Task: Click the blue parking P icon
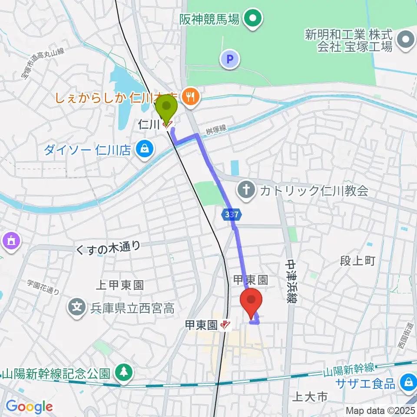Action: point(230,59)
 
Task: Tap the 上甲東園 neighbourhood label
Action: point(119,285)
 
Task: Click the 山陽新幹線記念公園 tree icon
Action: point(124,372)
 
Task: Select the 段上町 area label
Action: point(357,261)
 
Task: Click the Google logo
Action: point(29,407)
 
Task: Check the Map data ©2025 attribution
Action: point(381,410)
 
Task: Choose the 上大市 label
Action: point(310,396)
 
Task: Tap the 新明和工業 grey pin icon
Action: point(406,40)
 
